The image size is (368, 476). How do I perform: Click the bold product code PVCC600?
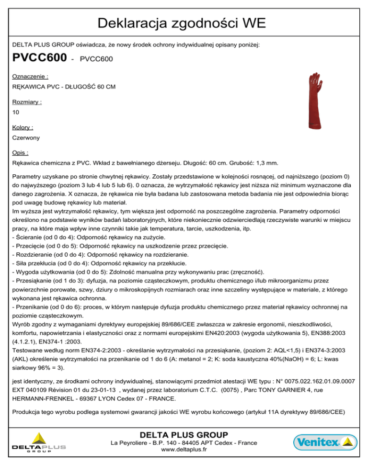click(39, 58)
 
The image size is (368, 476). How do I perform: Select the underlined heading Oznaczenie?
click(30, 76)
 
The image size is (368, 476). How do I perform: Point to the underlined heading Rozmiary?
click(27, 102)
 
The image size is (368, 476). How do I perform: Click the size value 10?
click(16, 112)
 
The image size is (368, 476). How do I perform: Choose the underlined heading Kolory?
click(23, 127)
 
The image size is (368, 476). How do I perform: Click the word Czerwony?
click(26, 138)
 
